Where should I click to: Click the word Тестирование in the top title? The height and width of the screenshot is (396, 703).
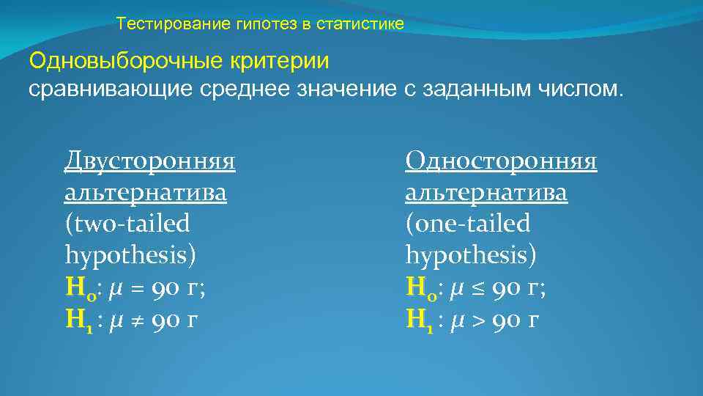(x=156, y=24)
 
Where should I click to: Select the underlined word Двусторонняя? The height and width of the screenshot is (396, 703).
(x=149, y=160)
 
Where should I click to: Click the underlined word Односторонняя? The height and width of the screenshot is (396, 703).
(x=501, y=160)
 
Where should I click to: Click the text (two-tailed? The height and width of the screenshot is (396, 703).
(x=127, y=224)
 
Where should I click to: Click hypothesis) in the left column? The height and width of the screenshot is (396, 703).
(x=130, y=255)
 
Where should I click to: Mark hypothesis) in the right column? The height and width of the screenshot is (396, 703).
(x=471, y=255)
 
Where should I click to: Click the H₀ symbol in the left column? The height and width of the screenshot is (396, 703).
(x=77, y=288)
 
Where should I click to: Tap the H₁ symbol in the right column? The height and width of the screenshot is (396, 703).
(x=417, y=320)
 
